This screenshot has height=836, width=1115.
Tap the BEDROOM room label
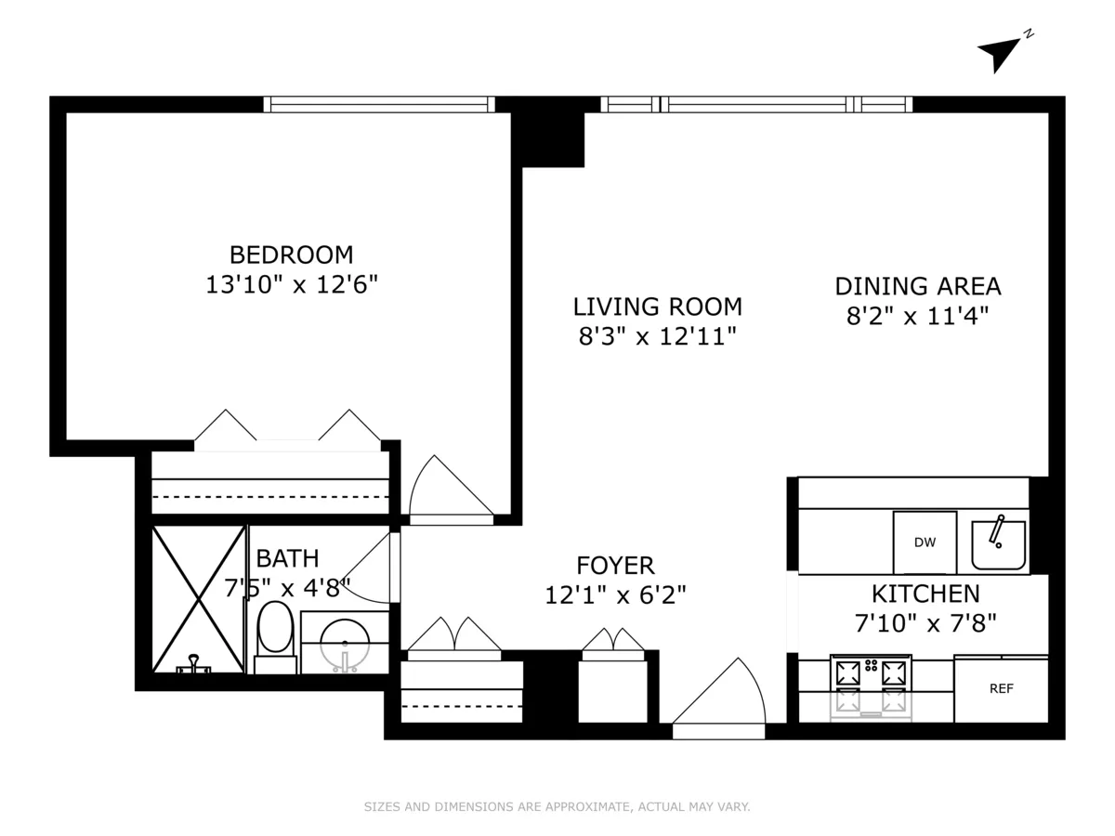point(291,255)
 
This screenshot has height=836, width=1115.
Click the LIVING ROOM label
point(657,307)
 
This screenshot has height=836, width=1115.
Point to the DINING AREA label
point(917,286)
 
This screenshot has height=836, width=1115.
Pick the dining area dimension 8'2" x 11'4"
point(916,316)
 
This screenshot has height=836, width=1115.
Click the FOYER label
point(615,565)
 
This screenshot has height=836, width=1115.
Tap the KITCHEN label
point(925,594)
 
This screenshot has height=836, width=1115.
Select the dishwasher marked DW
point(925,542)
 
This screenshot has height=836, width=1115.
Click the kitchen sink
point(999,544)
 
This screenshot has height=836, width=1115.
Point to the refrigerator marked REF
point(1001,688)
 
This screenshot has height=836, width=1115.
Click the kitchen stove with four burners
point(871,687)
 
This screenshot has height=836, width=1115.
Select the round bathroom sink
point(345,641)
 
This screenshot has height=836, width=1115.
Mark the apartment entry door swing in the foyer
point(720,697)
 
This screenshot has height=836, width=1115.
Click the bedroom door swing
point(448,488)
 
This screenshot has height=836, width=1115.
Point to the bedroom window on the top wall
point(379,104)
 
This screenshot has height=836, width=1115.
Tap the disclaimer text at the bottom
point(557,807)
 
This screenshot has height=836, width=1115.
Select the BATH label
point(287,558)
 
